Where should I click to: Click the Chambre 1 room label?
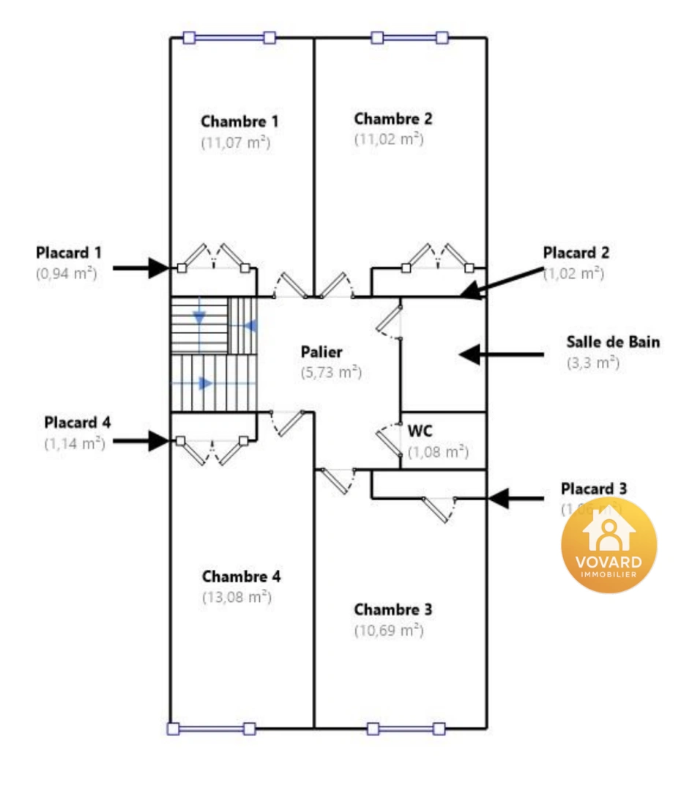pos(239,121)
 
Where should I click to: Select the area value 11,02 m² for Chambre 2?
pos(389,138)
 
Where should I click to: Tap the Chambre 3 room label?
pos(392,609)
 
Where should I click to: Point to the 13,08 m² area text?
pos(237,597)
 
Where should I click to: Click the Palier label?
pos(321,352)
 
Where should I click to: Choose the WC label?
pos(420,430)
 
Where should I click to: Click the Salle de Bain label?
pos(613,341)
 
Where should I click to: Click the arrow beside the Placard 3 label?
pos(516,499)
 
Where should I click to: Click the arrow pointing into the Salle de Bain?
pos(501,354)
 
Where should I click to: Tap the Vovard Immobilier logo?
pos(609,545)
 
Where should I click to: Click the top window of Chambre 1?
pos(229,37)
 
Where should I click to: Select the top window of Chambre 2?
pos(409,37)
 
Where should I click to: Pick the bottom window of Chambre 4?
pos(211,728)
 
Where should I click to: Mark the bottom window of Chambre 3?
pos(406,728)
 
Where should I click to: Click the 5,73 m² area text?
pos(331,372)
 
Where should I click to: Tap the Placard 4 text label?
pos(78,423)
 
